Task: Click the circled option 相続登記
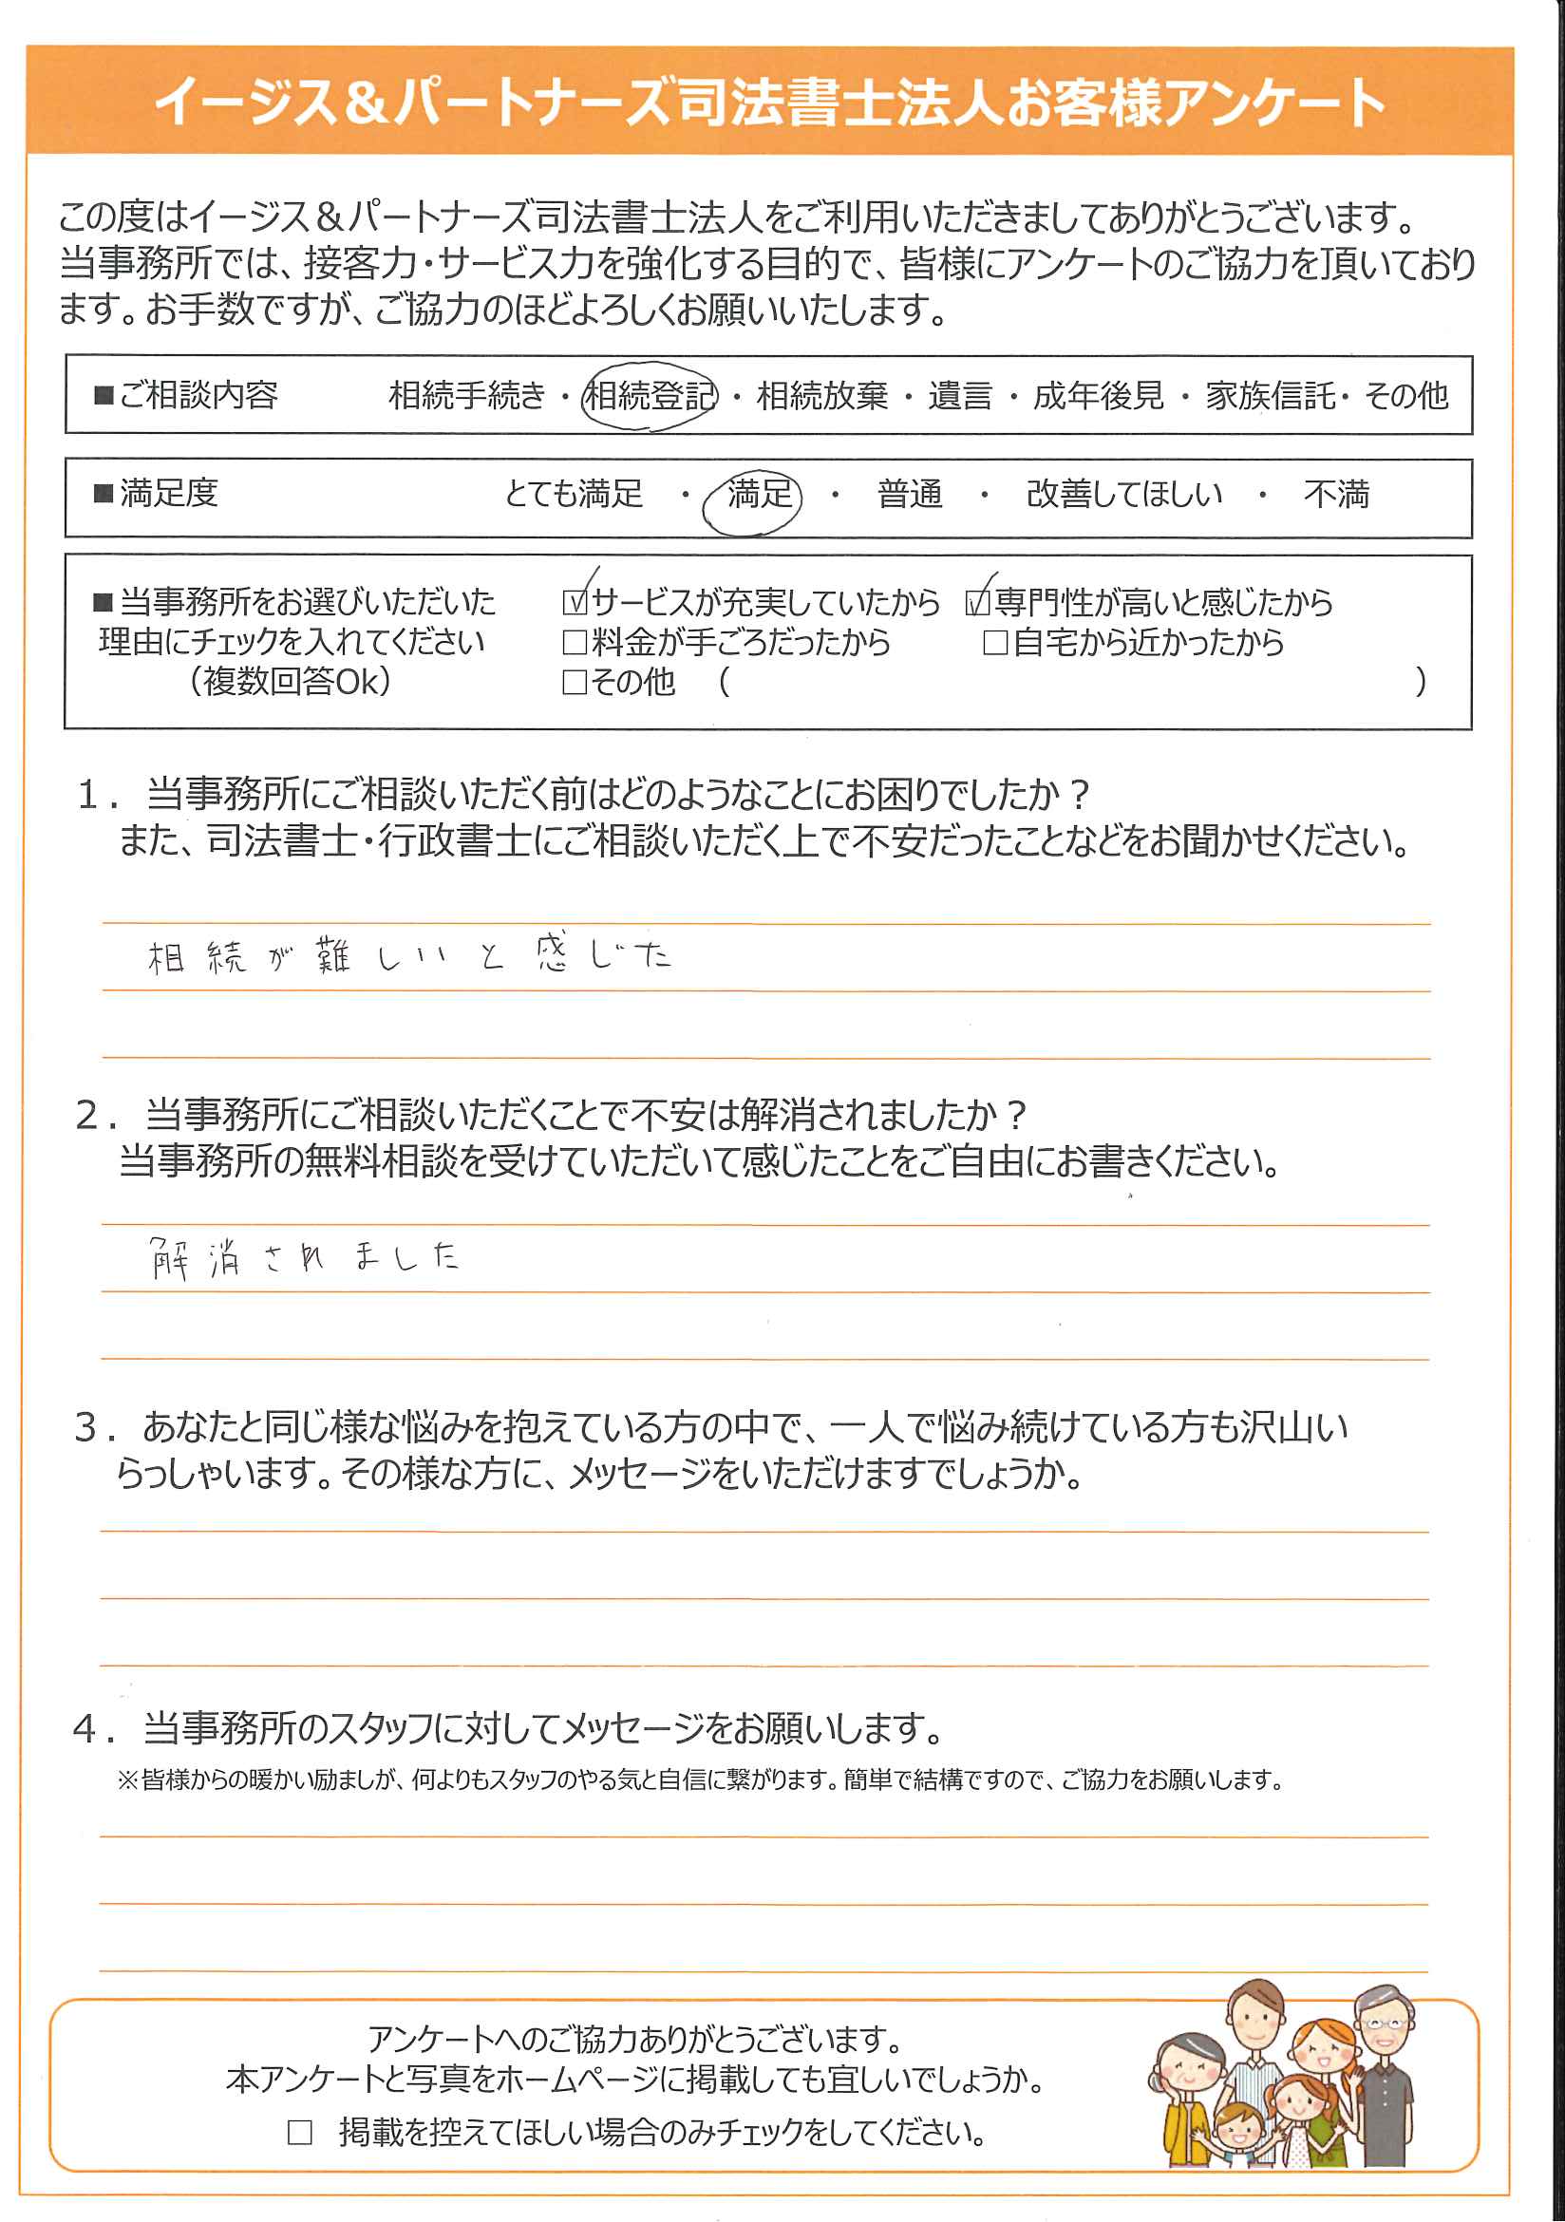(650, 395)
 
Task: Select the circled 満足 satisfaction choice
(759, 494)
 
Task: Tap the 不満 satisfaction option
(1335, 494)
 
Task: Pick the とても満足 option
(573, 494)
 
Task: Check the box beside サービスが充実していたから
(575, 603)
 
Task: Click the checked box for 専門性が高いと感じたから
(977, 603)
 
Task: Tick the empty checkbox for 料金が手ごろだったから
(575, 643)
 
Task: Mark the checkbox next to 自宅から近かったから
(995, 643)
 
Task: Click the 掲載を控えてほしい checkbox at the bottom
(300, 2132)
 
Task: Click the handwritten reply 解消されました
(304, 1258)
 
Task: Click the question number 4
(86, 1728)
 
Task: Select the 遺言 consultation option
(959, 395)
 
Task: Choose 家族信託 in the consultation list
(1270, 395)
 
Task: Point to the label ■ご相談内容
(186, 395)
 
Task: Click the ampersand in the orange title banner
(365, 103)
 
